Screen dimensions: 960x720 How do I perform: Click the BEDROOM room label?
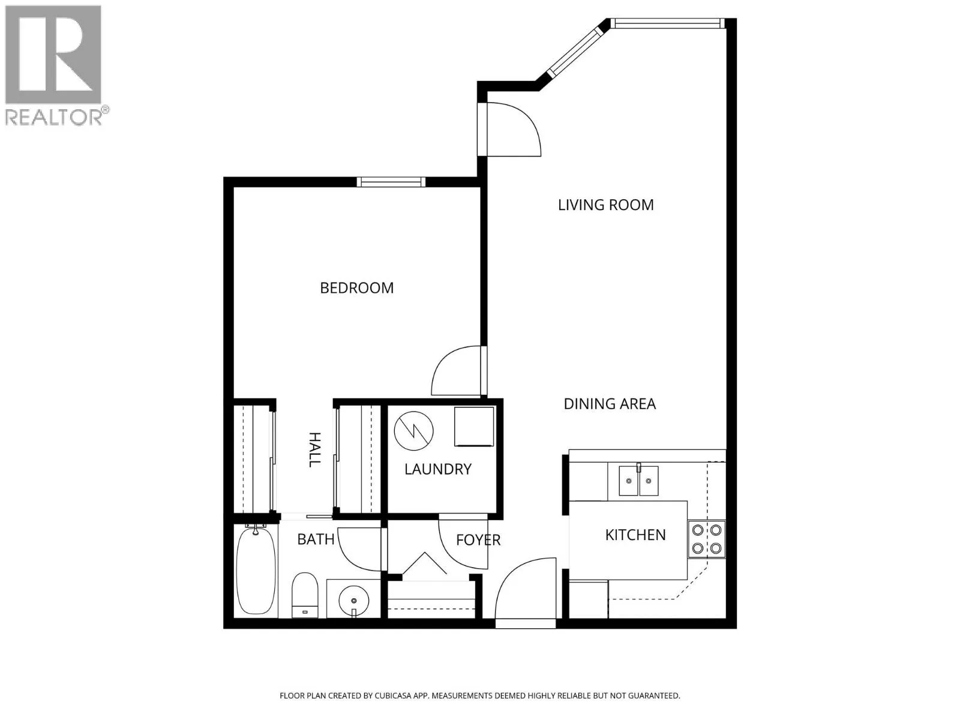tap(356, 288)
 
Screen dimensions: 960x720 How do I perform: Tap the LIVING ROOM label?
tap(606, 205)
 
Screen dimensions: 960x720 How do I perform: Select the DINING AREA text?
tap(610, 404)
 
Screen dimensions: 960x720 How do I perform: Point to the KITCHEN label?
tap(635, 535)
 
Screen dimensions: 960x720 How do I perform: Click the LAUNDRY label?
tap(438, 469)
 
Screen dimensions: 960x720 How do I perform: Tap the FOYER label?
tap(478, 541)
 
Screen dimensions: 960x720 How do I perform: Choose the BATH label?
tap(316, 539)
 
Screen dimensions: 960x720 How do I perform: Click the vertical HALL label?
tap(315, 450)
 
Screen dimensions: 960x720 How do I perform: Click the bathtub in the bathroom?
tap(256, 571)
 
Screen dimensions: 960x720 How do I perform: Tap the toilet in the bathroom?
tap(305, 595)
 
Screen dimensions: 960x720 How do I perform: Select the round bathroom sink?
tap(354, 600)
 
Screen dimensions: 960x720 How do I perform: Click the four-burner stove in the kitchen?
tap(707, 539)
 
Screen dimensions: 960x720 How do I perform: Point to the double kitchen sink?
tap(638, 481)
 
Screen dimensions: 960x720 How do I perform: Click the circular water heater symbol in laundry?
tap(414, 431)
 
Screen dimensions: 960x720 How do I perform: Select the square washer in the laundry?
tap(473, 427)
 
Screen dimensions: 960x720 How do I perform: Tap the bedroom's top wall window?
tap(391, 182)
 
